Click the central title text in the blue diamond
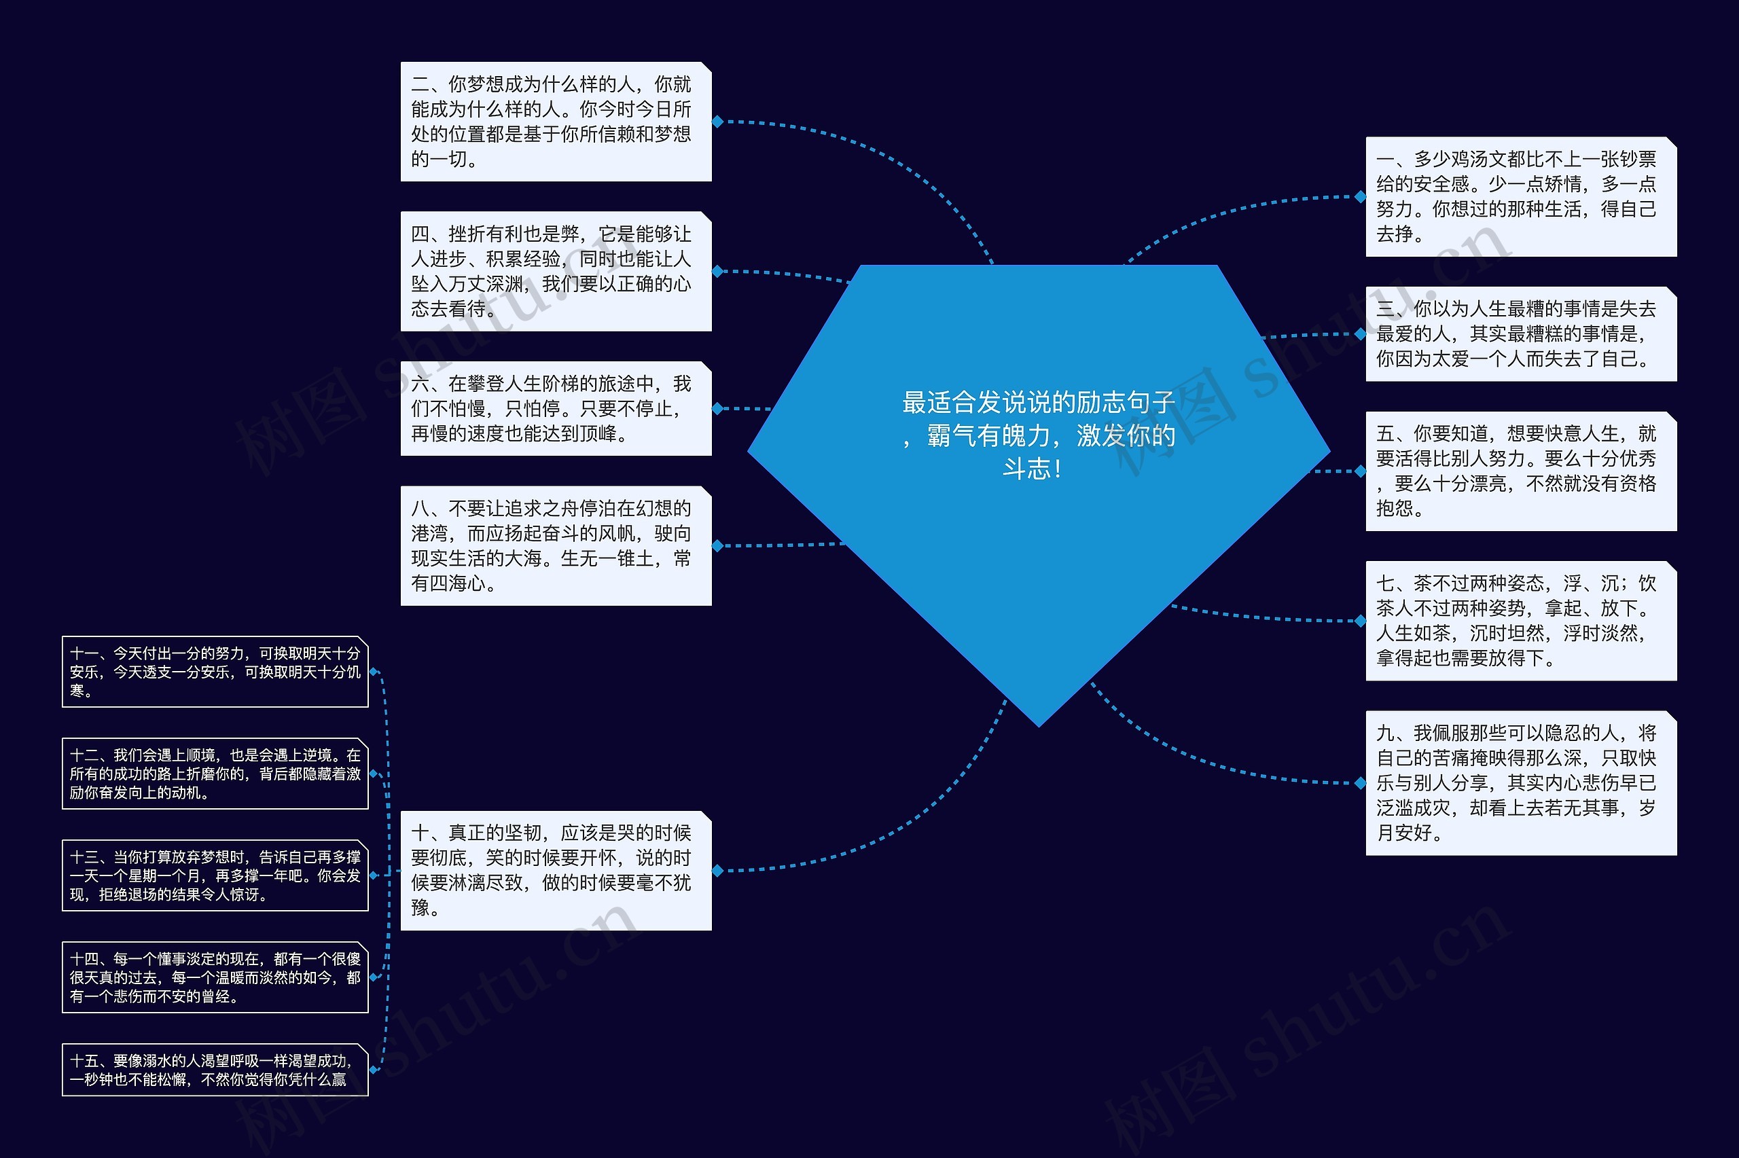[1038, 436]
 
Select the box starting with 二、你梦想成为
[555, 122]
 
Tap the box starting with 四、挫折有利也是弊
[555, 271]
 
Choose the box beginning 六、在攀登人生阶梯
[555, 408]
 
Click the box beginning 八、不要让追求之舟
[555, 546]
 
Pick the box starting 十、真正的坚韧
[555, 871]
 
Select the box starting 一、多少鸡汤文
[1520, 196]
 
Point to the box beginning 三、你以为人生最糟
[1520, 333]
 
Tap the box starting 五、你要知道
[1520, 471]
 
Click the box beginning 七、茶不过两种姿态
[1520, 620]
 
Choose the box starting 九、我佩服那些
[1520, 783]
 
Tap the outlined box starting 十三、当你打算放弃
[215, 876]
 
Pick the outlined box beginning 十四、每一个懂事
[215, 978]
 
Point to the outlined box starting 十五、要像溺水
[215, 1070]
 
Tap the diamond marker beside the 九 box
[1360, 783]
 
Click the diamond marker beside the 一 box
[1360, 196]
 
